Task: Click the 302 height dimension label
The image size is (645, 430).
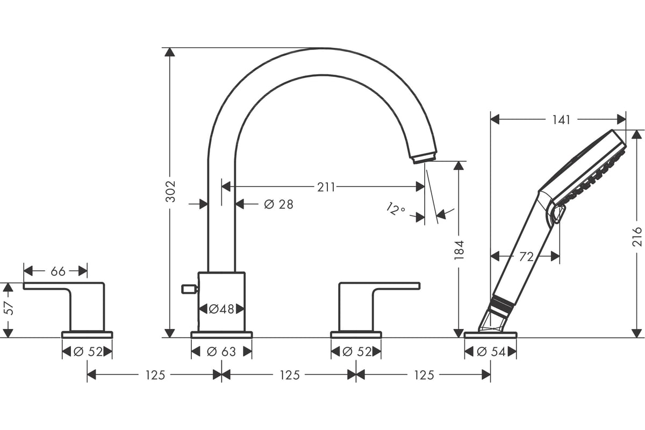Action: click(171, 191)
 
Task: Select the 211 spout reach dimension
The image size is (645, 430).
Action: click(326, 187)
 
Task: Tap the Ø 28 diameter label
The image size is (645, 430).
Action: click(278, 204)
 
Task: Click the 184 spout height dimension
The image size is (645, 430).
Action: click(459, 250)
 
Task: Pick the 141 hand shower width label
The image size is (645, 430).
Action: click(561, 120)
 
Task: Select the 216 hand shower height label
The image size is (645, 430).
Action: click(637, 236)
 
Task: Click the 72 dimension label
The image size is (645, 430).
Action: click(526, 256)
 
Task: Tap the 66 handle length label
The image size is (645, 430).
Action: click(58, 271)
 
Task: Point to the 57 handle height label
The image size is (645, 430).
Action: click(10, 308)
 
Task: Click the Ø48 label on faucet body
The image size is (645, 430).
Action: click(221, 309)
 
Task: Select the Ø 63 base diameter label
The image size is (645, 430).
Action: click(221, 352)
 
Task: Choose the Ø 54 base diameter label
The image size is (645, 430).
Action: click(491, 352)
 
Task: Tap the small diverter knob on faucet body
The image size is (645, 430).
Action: click(189, 289)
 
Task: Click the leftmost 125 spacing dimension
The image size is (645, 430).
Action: click(155, 375)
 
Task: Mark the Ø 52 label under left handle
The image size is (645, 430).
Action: click(88, 352)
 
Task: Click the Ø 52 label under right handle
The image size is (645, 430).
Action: click(357, 352)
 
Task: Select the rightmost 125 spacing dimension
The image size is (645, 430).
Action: click(424, 375)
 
